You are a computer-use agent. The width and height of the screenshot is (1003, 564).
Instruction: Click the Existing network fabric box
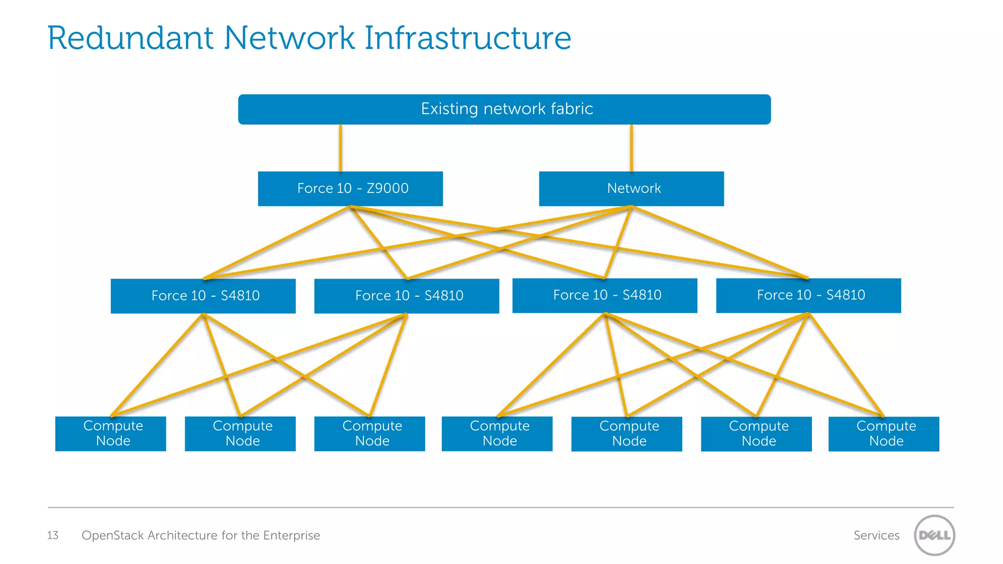(x=504, y=109)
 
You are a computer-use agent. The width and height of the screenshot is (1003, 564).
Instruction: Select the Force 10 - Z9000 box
(x=350, y=188)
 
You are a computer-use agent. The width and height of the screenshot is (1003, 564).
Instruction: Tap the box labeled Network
(x=631, y=188)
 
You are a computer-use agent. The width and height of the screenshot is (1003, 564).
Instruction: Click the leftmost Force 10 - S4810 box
(x=203, y=296)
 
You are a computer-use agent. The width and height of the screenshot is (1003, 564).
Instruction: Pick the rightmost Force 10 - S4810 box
(x=808, y=295)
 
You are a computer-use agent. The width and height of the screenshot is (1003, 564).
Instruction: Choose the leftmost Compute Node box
(x=111, y=433)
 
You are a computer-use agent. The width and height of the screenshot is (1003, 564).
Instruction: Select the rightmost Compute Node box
(x=884, y=433)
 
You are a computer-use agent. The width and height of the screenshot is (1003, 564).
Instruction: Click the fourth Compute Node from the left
(x=497, y=433)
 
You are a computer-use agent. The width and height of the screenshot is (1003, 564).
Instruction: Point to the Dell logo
(x=934, y=535)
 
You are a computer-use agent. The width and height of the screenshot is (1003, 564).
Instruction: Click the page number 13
(x=52, y=535)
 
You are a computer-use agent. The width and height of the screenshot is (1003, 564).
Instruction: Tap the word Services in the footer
(x=876, y=535)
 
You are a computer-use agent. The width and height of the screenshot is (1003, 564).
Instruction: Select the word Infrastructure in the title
(x=468, y=38)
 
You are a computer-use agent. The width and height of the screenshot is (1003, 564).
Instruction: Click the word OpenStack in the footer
(x=113, y=535)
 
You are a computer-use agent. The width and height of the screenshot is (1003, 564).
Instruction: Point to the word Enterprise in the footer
(x=291, y=535)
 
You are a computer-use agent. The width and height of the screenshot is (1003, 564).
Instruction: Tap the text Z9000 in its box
(x=387, y=188)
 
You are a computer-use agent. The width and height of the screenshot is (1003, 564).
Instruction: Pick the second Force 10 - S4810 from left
(x=406, y=296)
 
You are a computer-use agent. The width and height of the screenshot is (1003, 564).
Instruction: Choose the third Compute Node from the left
(x=370, y=433)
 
